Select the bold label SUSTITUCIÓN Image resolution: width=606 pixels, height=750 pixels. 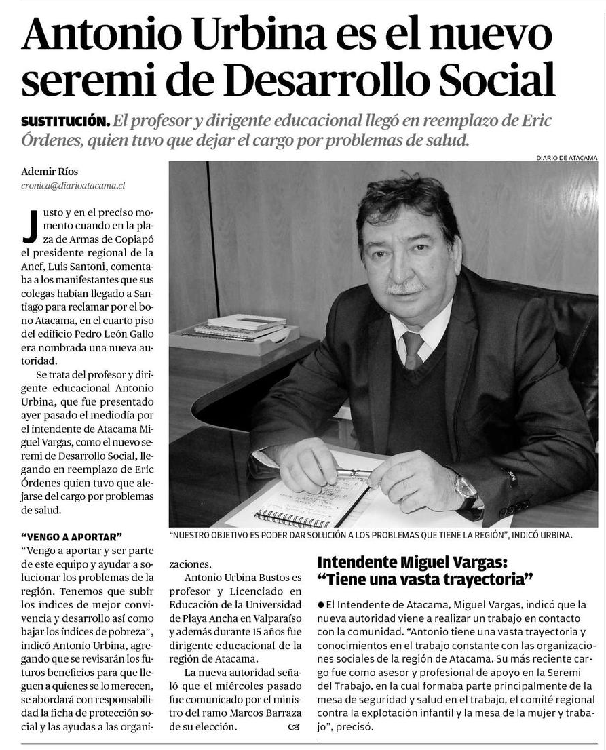coord(65,122)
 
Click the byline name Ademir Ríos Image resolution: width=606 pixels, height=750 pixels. coord(50,172)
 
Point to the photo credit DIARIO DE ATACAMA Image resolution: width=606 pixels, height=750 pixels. coord(566,158)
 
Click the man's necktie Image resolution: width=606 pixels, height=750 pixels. coord(413,349)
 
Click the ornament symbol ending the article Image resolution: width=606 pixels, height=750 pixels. coord(293,727)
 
